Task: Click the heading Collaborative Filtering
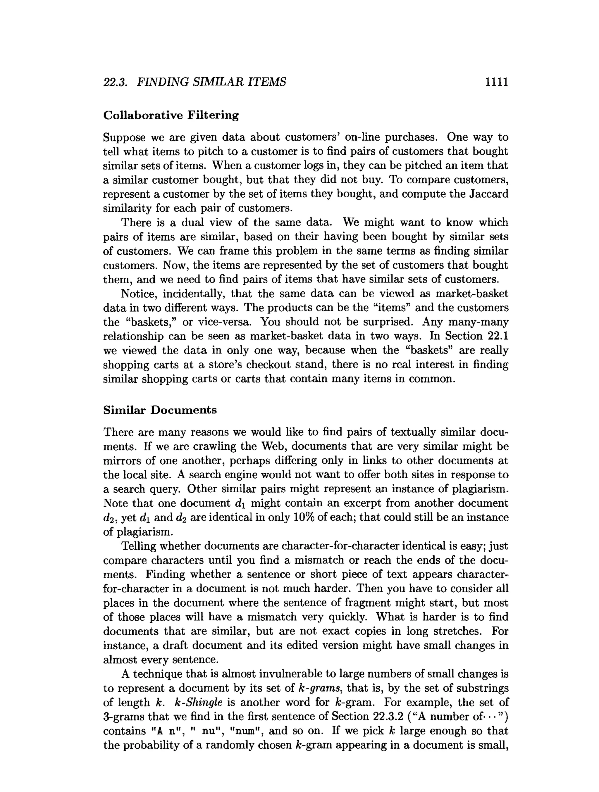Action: coord(171,115)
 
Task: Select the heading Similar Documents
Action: coord(160,410)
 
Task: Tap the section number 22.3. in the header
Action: coord(115,82)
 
